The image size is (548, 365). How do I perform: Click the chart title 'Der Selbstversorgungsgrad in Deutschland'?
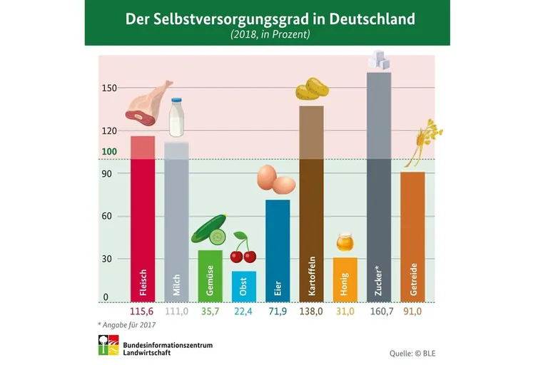(x=270, y=19)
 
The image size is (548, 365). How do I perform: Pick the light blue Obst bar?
(x=243, y=285)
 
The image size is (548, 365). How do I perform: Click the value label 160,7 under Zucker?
(x=378, y=312)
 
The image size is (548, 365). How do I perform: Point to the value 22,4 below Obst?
(x=243, y=312)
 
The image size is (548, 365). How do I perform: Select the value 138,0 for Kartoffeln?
(x=311, y=312)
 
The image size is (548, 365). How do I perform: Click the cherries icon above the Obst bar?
(x=243, y=249)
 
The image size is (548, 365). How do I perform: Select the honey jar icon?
(x=345, y=242)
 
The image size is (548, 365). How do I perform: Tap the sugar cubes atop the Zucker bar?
(x=379, y=61)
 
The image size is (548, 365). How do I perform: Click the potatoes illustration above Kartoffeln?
(x=312, y=89)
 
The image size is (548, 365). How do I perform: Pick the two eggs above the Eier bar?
(x=275, y=180)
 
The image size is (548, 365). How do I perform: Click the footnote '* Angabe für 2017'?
(x=127, y=325)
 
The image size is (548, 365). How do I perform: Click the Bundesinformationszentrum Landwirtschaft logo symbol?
(x=108, y=347)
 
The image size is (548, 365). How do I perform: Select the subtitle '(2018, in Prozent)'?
(x=270, y=34)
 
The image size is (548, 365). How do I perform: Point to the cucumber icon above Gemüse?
(x=209, y=231)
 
